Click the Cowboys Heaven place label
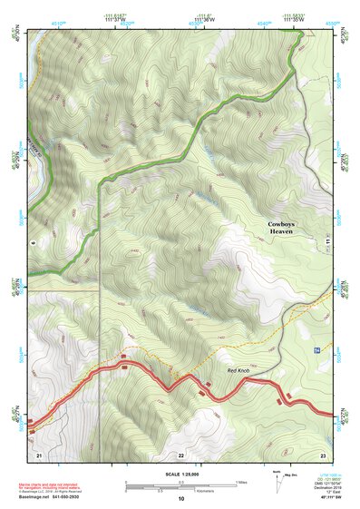[x=282, y=228]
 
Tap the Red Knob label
[x=238, y=372]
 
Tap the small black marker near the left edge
[x=32, y=243]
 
